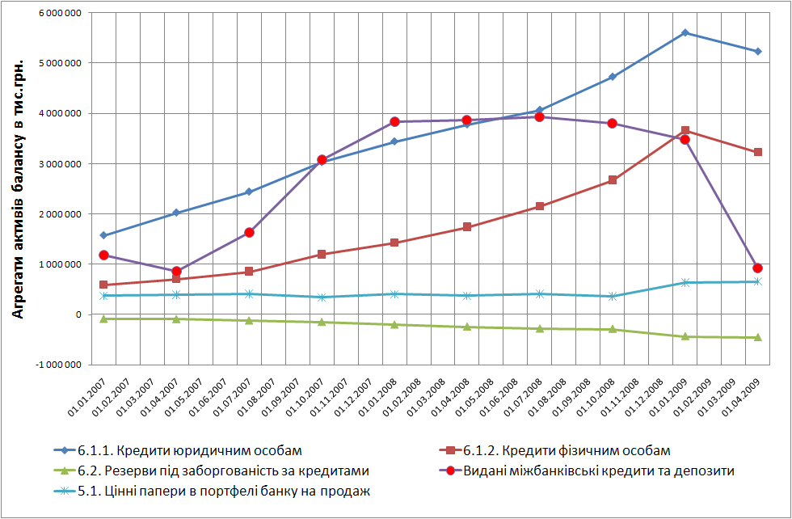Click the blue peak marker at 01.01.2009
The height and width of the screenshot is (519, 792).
pyautogui.click(x=685, y=32)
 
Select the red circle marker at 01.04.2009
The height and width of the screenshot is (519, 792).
pyautogui.click(x=757, y=268)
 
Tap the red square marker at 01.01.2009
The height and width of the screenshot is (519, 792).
pyautogui.click(x=685, y=130)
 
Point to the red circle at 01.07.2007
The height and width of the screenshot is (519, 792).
pyautogui.click(x=249, y=232)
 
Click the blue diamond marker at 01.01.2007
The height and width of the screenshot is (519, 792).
pyautogui.click(x=103, y=235)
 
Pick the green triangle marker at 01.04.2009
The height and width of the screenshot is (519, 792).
pyautogui.click(x=757, y=337)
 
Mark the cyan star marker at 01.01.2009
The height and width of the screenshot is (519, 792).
pyautogui.click(x=685, y=282)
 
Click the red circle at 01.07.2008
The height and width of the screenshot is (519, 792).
pyautogui.click(x=540, y=116)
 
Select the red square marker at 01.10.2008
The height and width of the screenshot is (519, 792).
pyautogui.click(x=613, y=179)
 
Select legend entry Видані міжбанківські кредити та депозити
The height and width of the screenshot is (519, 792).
pyautogui.click(x=598, y=470)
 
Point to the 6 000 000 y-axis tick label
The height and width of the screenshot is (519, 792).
pyautogui.click(x=58, y=13)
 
